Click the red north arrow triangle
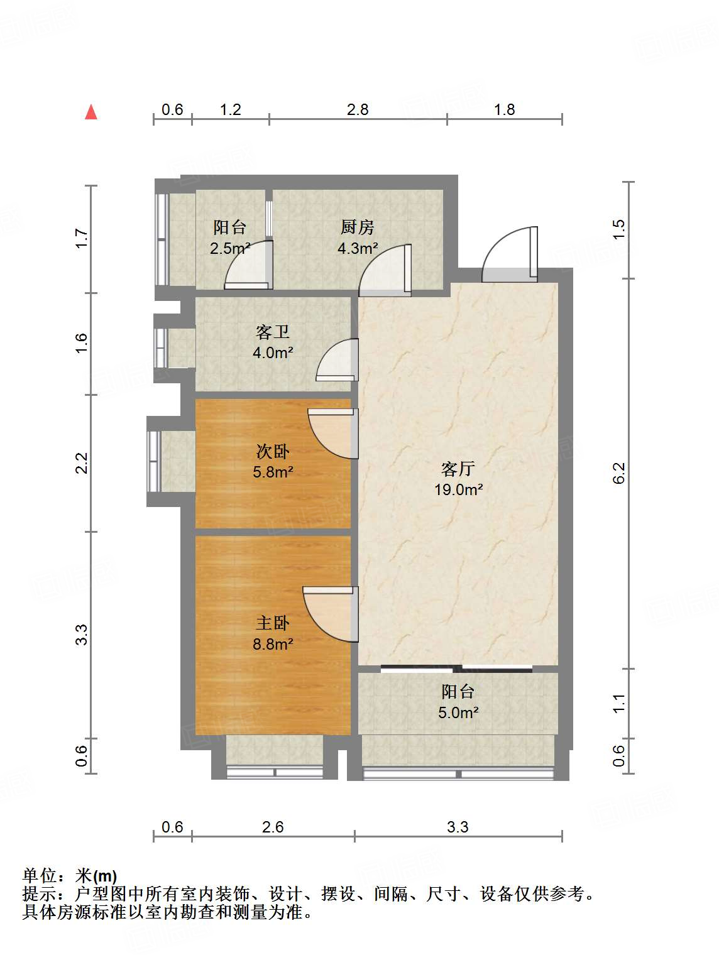tap(91, 112)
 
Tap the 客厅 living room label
tap(458, 469)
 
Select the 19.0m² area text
tap(458, 489)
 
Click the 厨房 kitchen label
tap(358, 227)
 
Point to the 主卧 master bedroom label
tap(273, 623)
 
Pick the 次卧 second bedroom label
tap(273, 451)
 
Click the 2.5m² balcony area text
tap(230, 248)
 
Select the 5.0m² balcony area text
tap(458, 712)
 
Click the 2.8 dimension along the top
tap(358, 110)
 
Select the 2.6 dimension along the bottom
tap(273, 827)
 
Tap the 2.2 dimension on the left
tap(81, 463)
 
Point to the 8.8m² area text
tap(273, 644)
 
